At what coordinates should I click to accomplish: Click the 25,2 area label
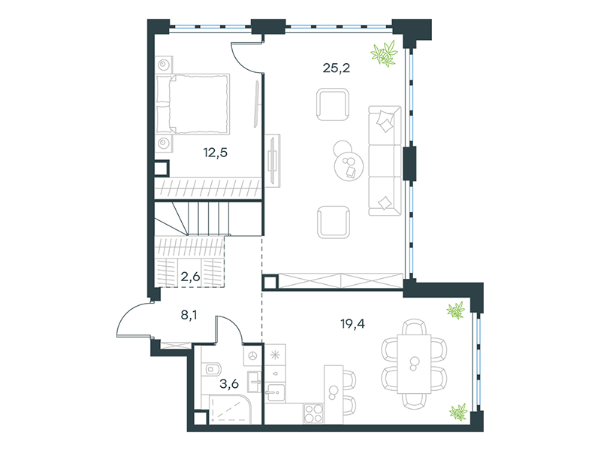(x=336, y=68)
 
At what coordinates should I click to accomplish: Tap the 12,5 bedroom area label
(x=215, y=153)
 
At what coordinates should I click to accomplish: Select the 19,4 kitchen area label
(x=352, y=324)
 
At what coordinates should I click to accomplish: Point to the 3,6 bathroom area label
(x=229, y=383)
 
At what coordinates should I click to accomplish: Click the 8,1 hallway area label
(x=189, y=316)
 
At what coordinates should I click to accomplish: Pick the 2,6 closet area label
(x=191, y=276)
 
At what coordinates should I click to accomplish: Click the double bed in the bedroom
(x=193, y=104)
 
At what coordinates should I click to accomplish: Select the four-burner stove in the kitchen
(x=313, y=413)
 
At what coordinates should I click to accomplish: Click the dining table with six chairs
(x=414, y=364)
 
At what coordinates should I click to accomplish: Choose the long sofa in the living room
(x=385, y=161)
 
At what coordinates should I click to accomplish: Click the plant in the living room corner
(x=385, y=53)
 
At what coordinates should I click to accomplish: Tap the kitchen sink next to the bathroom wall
(x=276, y=392)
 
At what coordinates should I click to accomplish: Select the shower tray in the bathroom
(x=230, y=410)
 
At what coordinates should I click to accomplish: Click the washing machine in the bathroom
(x=252, y=356)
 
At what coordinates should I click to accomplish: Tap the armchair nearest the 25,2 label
(x=333, y=104)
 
